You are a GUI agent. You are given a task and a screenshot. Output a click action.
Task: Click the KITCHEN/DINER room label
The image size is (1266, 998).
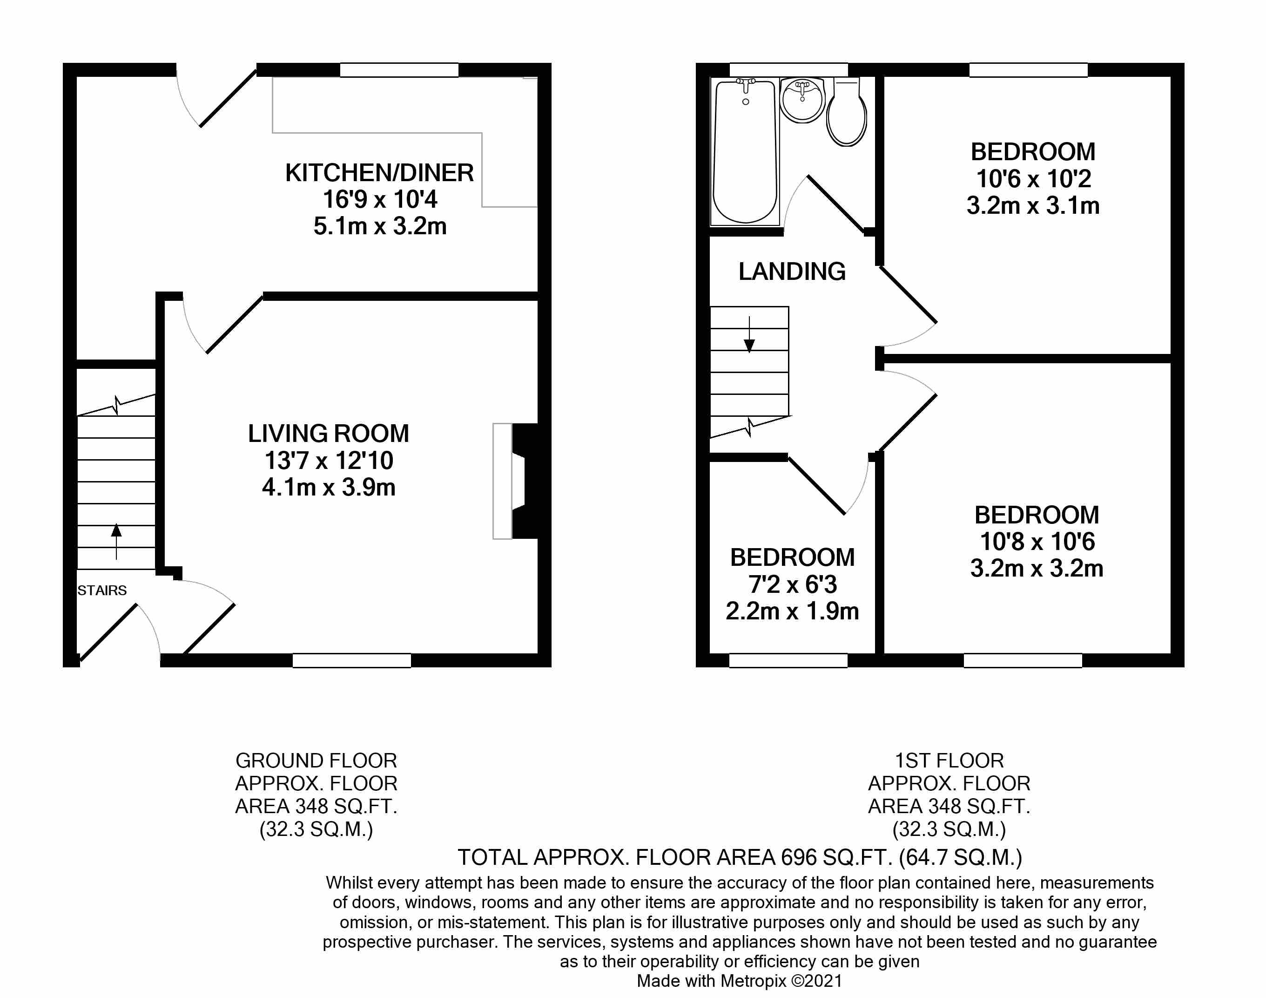coord(379,173)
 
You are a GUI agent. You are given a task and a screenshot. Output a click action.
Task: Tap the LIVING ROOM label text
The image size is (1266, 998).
coord(328,434)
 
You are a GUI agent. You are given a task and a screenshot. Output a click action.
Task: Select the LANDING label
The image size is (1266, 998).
coord(791,272)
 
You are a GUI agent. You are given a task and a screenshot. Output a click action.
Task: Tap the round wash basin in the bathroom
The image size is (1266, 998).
coord(802,101)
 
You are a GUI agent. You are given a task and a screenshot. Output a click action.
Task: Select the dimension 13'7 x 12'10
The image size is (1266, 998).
coord(328,461)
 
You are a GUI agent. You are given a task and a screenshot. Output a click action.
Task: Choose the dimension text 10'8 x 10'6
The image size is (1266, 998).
coord(1037,542)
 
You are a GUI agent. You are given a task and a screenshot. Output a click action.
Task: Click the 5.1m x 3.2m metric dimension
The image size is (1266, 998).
coord(379,226)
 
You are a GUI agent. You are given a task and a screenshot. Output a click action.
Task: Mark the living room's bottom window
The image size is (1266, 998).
coord(351,660)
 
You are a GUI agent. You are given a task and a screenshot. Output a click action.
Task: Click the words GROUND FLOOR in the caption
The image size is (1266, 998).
coord(316,761)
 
